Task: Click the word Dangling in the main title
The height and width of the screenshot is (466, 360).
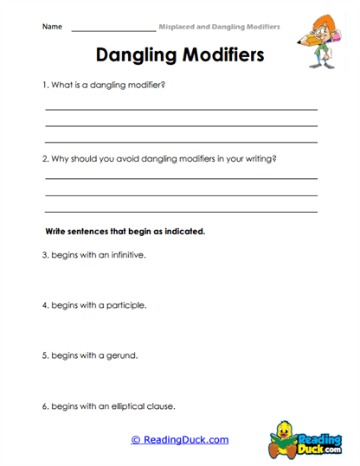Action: click(137, 56)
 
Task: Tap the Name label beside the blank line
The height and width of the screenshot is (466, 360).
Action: click(52, 27)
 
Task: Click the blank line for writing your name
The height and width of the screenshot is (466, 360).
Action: click(112, 30)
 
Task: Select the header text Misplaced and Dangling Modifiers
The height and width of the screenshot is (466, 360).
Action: click(219, 27)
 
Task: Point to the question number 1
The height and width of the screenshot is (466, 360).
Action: click(45, 86)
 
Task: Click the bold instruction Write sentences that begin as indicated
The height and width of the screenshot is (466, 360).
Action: click(125, 232)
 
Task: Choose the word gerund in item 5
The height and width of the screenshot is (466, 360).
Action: click(120, 355)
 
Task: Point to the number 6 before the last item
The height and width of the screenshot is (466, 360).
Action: click(45, 405)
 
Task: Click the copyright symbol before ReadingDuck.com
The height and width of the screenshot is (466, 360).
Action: click(136, 440)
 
